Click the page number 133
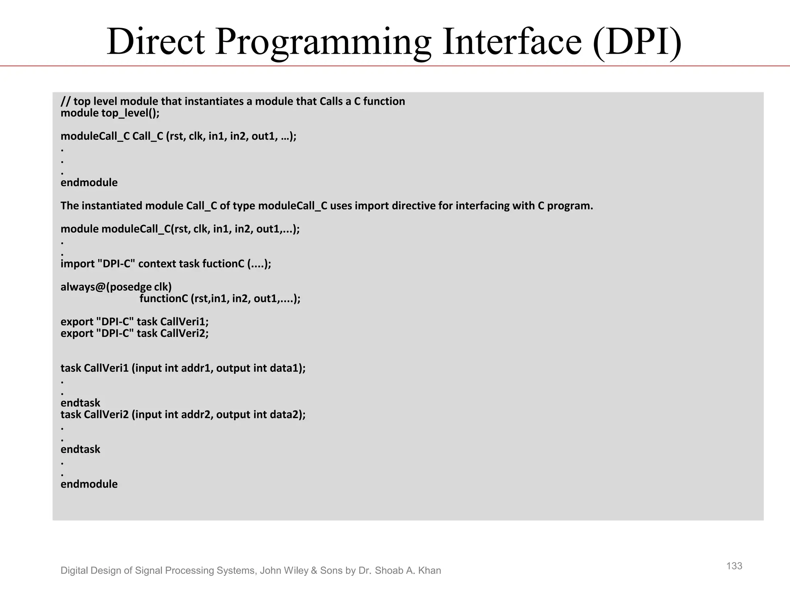point(734,566)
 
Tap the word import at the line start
point(78,264)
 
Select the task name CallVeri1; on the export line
point(184,322)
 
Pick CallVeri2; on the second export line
point(184,333)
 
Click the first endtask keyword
point(80,403)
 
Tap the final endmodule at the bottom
point(89,484)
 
